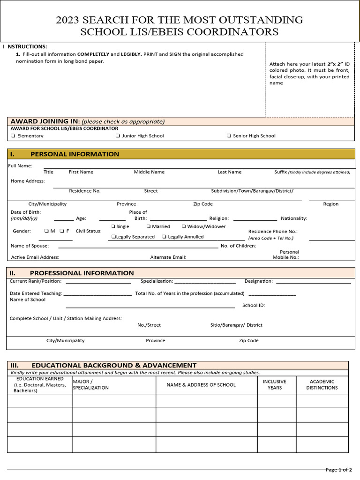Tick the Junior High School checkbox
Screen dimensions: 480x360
(x=118, y=136)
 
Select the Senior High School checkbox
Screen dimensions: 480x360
(x=229, y=136)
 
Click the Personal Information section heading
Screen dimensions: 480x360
(x=75, y=154)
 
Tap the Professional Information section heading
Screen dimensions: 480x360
(x=82, y=273)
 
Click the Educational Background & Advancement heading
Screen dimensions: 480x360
(x=114, y=365)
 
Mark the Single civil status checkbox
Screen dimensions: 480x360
(x=113, y=226)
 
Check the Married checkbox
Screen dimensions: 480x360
(x=149, y=226)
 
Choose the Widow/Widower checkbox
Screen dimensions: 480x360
(x=184, y=226)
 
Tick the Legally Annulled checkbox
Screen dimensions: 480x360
(x=164, y=237)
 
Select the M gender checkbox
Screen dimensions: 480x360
(x=46, y=231)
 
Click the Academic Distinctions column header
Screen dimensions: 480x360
(x=322, y=385)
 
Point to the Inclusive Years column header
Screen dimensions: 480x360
(x=274, y=385)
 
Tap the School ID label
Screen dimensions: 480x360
(x=254, y=305)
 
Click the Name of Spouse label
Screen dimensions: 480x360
(x=30, y=246)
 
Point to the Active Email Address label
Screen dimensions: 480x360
(x=35, y=257)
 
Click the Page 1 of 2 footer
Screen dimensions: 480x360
(x=338, y=470)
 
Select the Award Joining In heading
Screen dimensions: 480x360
(x=87, y=121)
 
